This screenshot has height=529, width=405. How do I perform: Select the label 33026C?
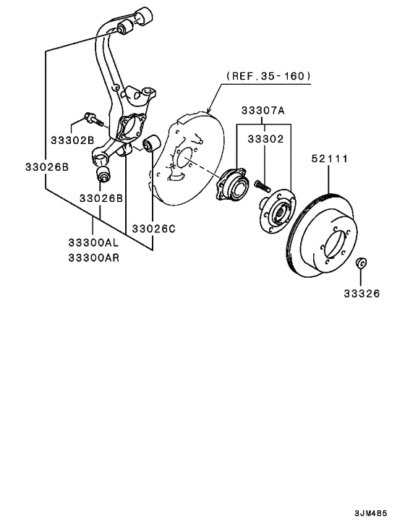(154, 228)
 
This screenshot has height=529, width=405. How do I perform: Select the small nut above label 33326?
(363, 264)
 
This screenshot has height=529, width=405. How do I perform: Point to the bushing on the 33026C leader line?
(153, 143)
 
